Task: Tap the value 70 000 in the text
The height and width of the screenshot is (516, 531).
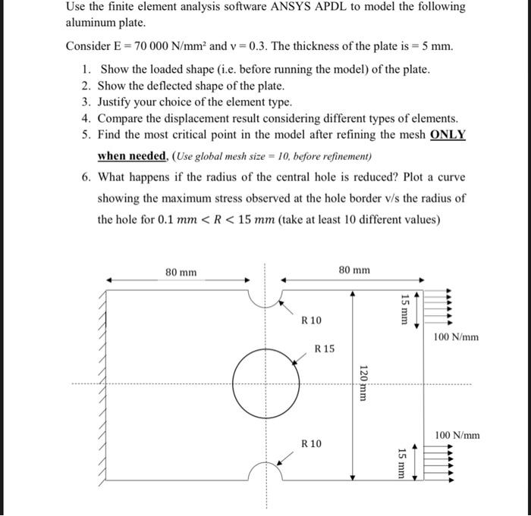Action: [137, 46]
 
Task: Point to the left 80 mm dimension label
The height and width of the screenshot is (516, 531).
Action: [181, 271]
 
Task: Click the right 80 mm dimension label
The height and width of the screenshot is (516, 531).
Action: [354, 270]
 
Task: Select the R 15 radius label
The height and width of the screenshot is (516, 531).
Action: [324, 349]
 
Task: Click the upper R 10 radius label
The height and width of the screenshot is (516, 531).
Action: [311, 321]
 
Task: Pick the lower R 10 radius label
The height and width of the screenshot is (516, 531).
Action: [311, 443]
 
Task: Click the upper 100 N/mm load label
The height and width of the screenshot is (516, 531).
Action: [457, 337]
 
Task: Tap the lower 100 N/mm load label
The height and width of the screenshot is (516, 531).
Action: [457, 435]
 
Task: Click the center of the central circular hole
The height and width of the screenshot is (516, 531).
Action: [265, 383]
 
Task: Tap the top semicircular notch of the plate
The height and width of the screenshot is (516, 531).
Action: [265, 298]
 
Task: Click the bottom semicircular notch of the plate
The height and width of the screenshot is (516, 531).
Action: [265, 471]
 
